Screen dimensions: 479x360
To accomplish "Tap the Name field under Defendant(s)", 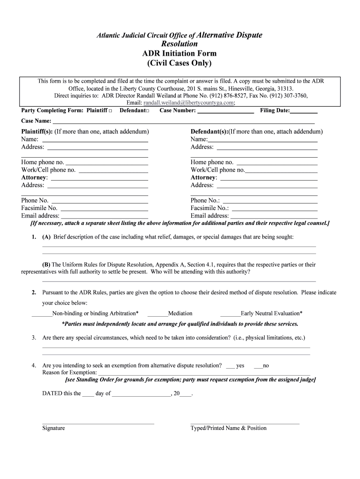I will (x=262, y=139).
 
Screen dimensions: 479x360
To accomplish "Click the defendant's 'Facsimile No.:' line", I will (x=274, y=208).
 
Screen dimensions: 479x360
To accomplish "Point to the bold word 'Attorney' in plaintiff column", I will (x=34, y=178).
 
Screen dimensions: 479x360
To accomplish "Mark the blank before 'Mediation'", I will (x=157, y=314).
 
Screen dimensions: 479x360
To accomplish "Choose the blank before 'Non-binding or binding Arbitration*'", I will (x=42, y=314).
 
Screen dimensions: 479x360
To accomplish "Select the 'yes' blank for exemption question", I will (x=230, y=366).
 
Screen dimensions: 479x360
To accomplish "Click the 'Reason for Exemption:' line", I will (x=204, y=373).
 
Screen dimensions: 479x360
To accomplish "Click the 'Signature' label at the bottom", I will (x=53, y=428).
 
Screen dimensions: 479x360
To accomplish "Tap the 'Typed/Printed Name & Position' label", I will (x=228, y=428).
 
